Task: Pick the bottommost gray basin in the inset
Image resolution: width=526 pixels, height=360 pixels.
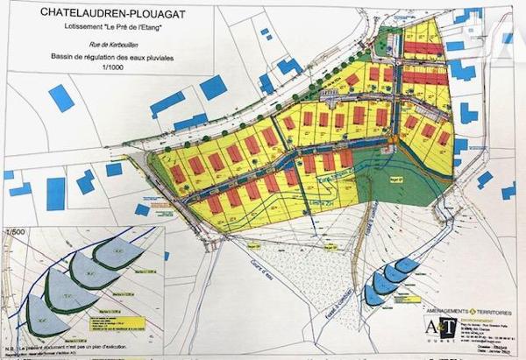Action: click(x=47, y=319)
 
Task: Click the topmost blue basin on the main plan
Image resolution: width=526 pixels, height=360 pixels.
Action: click(x=407, y=265)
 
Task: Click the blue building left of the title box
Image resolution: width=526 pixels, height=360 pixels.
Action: click(x=60, y=97)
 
